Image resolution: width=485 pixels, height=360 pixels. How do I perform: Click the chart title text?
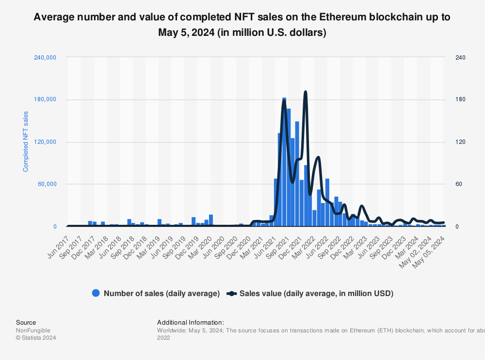point(242,25)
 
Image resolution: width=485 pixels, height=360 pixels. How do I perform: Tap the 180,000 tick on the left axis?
point(46,100)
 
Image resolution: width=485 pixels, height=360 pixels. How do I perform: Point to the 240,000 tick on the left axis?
point(46,58)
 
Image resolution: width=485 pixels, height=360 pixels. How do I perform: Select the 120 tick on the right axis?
point(460,142)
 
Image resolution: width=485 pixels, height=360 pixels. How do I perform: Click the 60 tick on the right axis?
point(459,184)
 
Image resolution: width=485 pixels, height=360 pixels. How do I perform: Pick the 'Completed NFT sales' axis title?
point(26,141)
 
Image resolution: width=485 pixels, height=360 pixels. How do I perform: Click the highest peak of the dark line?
point(305,92)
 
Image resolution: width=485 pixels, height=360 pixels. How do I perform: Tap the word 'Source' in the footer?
point(26,323)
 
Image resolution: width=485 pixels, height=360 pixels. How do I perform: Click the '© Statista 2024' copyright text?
point(36,338)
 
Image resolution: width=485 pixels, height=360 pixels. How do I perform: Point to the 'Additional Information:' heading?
point(190,323)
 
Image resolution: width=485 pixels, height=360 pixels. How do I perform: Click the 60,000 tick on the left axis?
point(47,184)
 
